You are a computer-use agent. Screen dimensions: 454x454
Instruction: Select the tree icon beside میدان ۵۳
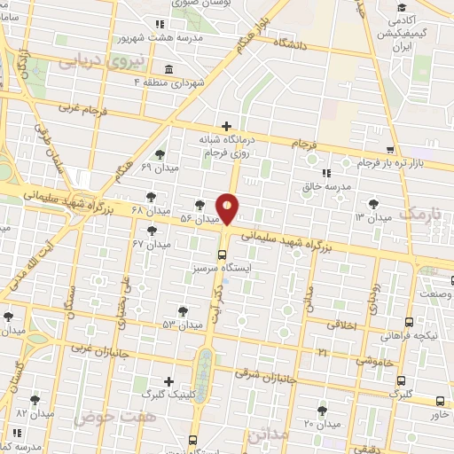(x=183, y=311)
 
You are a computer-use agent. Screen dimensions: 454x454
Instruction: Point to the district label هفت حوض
(x=97, y=414)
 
